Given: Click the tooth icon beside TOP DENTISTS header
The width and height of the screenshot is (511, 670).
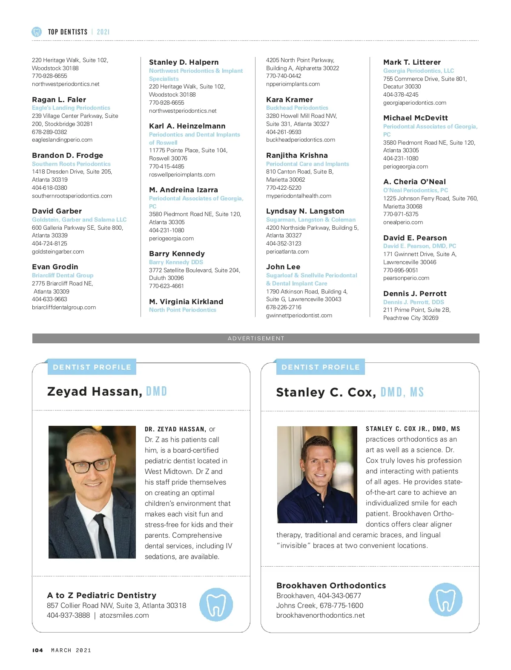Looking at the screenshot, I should pos(37,32).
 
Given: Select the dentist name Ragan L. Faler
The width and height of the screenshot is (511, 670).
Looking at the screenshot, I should pos(59,100).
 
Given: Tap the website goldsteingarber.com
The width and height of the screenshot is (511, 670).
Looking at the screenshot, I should pos(58,251).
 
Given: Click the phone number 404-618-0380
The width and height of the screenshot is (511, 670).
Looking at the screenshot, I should pos(49,188).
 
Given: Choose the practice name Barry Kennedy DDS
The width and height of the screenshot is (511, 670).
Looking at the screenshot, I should pos(176,262).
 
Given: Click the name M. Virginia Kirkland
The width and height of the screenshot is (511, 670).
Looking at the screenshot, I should pos(186,302).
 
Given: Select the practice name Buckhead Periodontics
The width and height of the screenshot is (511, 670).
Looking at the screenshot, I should pos(297,108).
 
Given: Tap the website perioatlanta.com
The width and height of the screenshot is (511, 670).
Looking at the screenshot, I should pos(287,251).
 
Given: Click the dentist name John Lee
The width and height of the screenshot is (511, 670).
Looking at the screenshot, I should pos(283,267).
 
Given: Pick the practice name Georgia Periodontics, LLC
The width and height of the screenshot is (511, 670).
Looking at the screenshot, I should pos(418,71).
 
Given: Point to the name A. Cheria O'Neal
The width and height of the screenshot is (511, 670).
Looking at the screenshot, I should pos(414,182).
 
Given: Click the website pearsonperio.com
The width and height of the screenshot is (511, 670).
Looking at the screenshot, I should pos(406,278).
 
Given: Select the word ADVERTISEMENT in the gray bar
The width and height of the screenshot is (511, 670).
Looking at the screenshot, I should pos(256,338).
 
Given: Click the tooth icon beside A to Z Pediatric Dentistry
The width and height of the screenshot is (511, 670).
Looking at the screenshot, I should pos(216,604).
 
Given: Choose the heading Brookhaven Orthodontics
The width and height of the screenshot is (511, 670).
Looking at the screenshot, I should pos(331,585).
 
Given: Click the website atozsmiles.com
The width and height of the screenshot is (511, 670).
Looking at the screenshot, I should pos(124,615).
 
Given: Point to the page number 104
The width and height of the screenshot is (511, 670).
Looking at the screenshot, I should pos(37,650).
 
